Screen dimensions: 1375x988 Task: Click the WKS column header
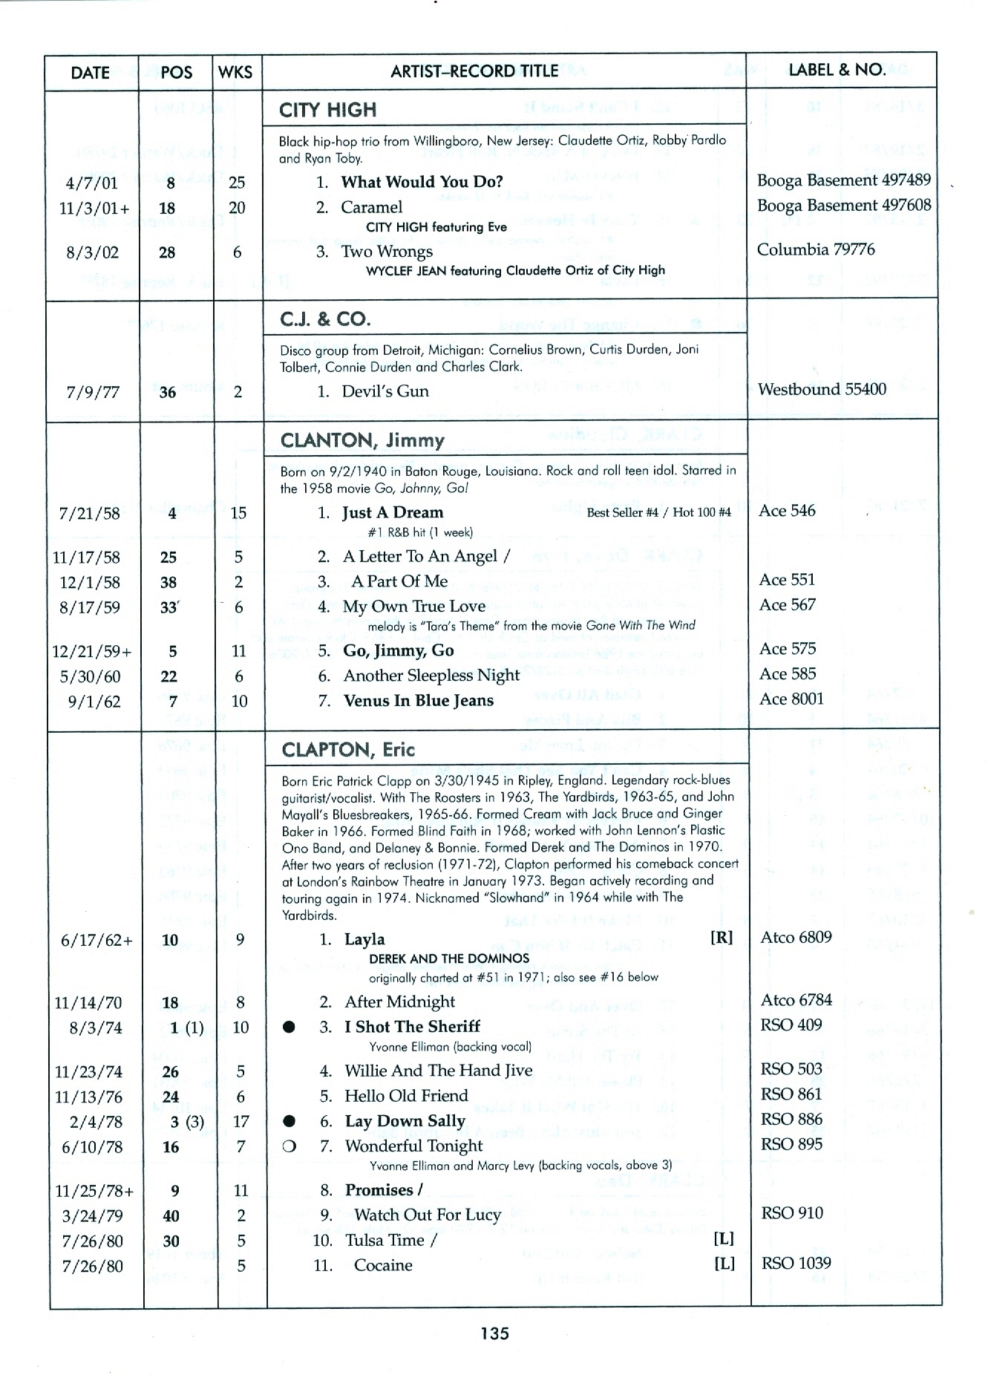pos(236,72)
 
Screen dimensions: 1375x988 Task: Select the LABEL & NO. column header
pos(837,70)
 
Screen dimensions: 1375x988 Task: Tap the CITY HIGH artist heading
pos(327,110)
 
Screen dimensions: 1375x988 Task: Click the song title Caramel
pos(371,207)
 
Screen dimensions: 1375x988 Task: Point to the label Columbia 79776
pos(816,249)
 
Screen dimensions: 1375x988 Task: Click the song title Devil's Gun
pos(385,391)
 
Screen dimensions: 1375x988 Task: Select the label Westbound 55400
pos(822,389)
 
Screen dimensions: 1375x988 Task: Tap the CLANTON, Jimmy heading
pos(362,440)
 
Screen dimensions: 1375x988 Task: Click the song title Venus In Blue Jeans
pos(418,700)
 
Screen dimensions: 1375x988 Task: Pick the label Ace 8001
pos(791,699)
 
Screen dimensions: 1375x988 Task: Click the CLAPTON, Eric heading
pos(348,749)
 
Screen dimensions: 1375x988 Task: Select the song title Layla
pos(364,939)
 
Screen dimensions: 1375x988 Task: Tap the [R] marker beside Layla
pos(722,938)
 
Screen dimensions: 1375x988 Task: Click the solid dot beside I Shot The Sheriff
pos(290,1027)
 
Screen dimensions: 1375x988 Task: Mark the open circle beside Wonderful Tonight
pos(289,1146)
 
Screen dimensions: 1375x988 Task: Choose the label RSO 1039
pos(796,1263)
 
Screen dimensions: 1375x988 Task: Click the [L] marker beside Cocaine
pos(724,1264)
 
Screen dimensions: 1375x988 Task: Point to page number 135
pos(494,1333)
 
